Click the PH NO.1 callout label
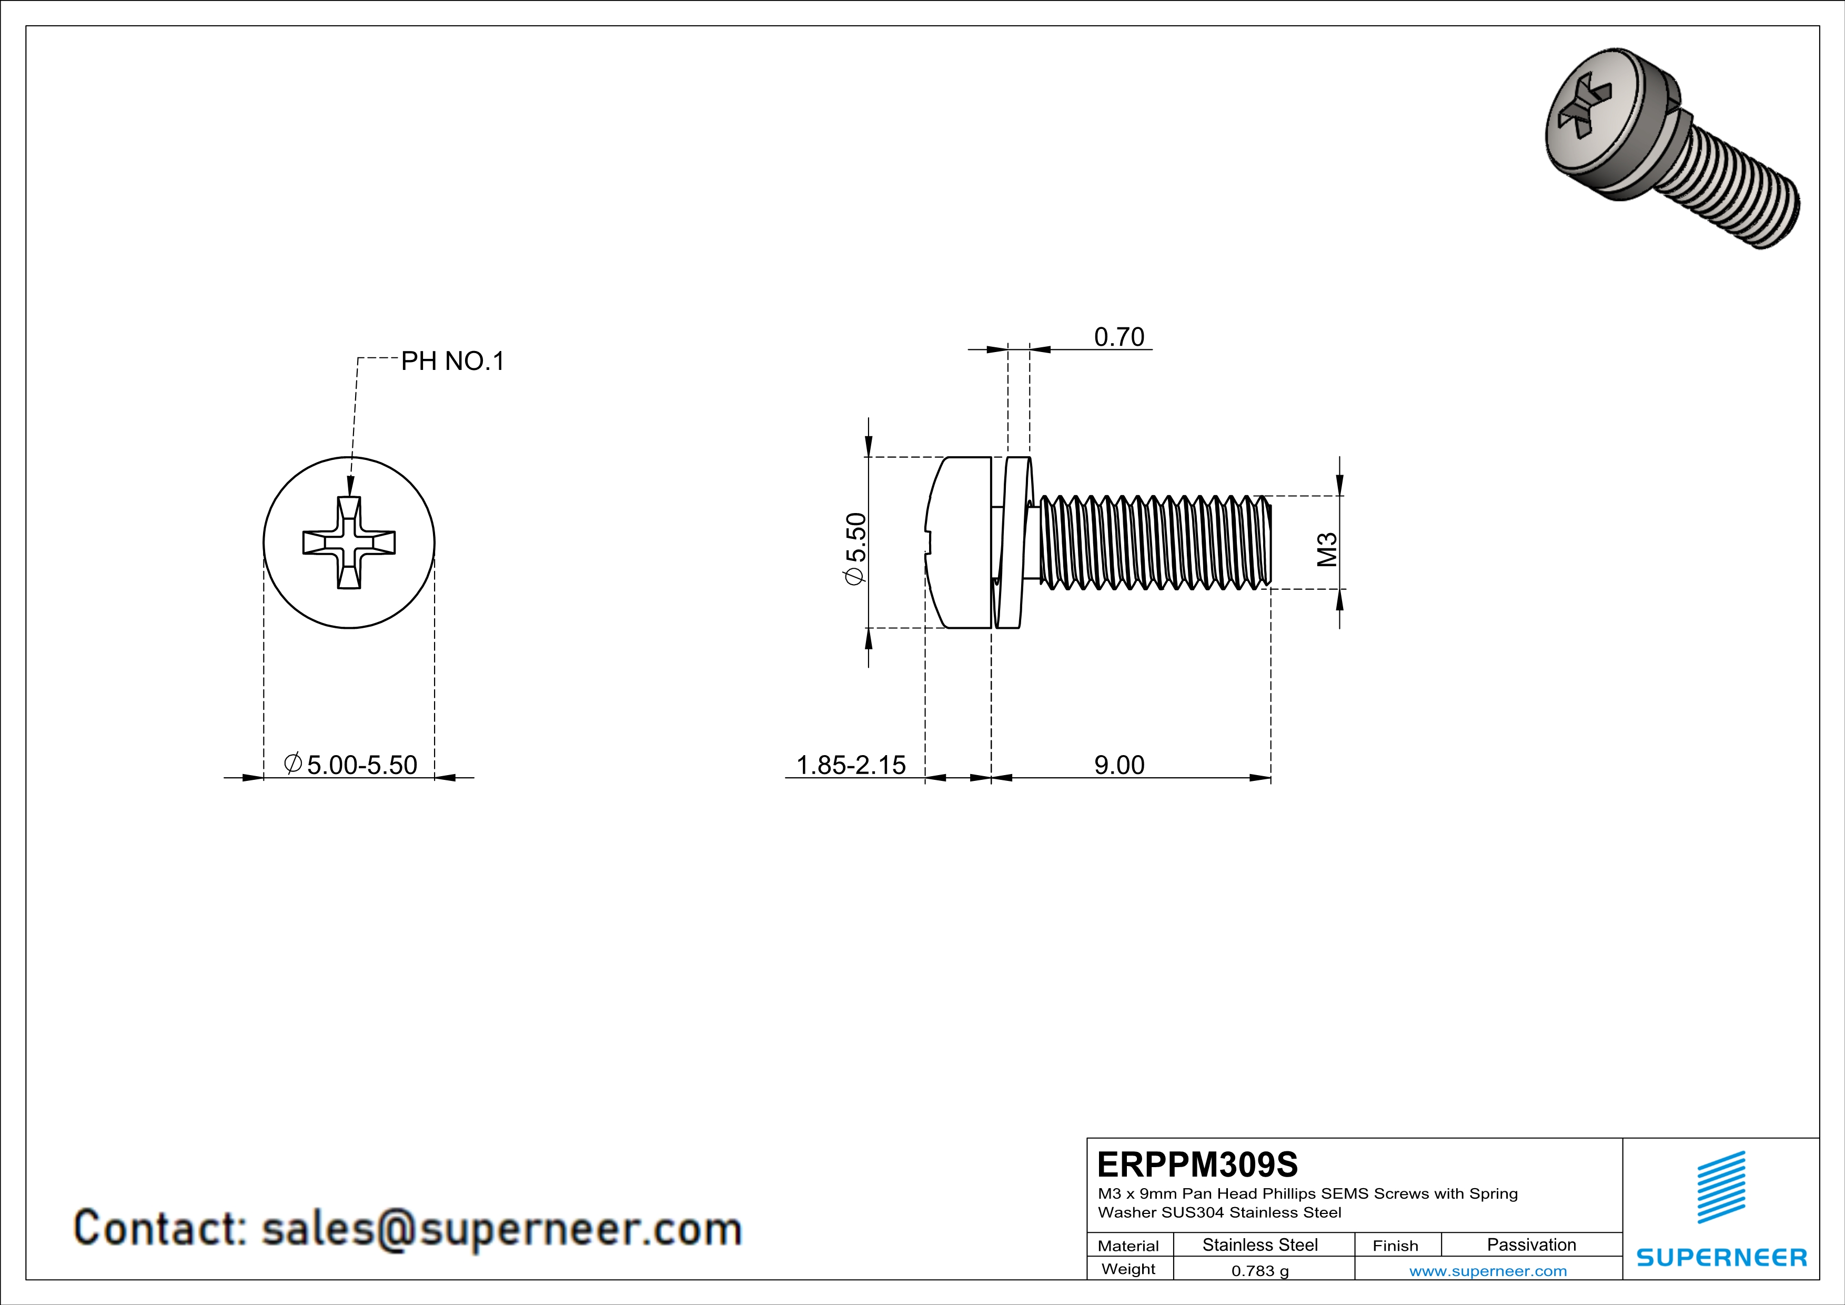tap(452, 362)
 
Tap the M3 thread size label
tap(1327, 550)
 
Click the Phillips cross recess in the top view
tap(349, 543)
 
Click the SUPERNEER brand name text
tap(1721, 1258)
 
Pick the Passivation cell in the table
tap(1531, 1244)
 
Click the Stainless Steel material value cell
tap(1260, 1244)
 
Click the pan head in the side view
tap(960, 543)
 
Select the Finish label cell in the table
tap(1395, 1246)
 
